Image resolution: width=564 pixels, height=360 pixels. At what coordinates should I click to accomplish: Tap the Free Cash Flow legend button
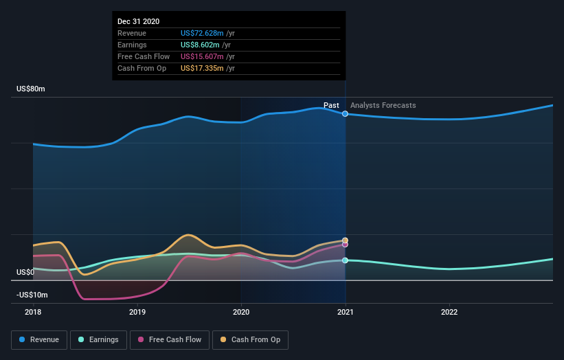click(x=170, y=339)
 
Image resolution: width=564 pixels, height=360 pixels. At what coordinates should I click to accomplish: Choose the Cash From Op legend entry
click(x=251, y=339)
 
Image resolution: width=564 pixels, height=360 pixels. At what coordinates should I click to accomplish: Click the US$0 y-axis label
click(x=25, y=273)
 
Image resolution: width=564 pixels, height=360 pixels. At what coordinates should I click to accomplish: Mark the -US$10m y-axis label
click(x=32, y=295)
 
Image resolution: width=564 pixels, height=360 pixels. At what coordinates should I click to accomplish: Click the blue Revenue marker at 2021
click(x=345, y=113)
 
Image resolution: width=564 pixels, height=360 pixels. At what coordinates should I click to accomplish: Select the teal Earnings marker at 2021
click(x=345, y=260)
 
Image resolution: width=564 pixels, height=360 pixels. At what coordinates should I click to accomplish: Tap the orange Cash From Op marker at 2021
click(x=345, y=240)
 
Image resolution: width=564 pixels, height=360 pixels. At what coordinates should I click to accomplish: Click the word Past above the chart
click(x=331, y=105)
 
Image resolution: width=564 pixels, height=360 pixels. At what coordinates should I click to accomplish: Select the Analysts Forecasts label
click(x=383, y=105)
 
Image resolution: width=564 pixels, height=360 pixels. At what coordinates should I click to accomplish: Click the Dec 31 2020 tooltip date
click(x=138, y=21)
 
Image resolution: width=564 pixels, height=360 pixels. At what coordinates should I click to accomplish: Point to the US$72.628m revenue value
click(x=202, y=33)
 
